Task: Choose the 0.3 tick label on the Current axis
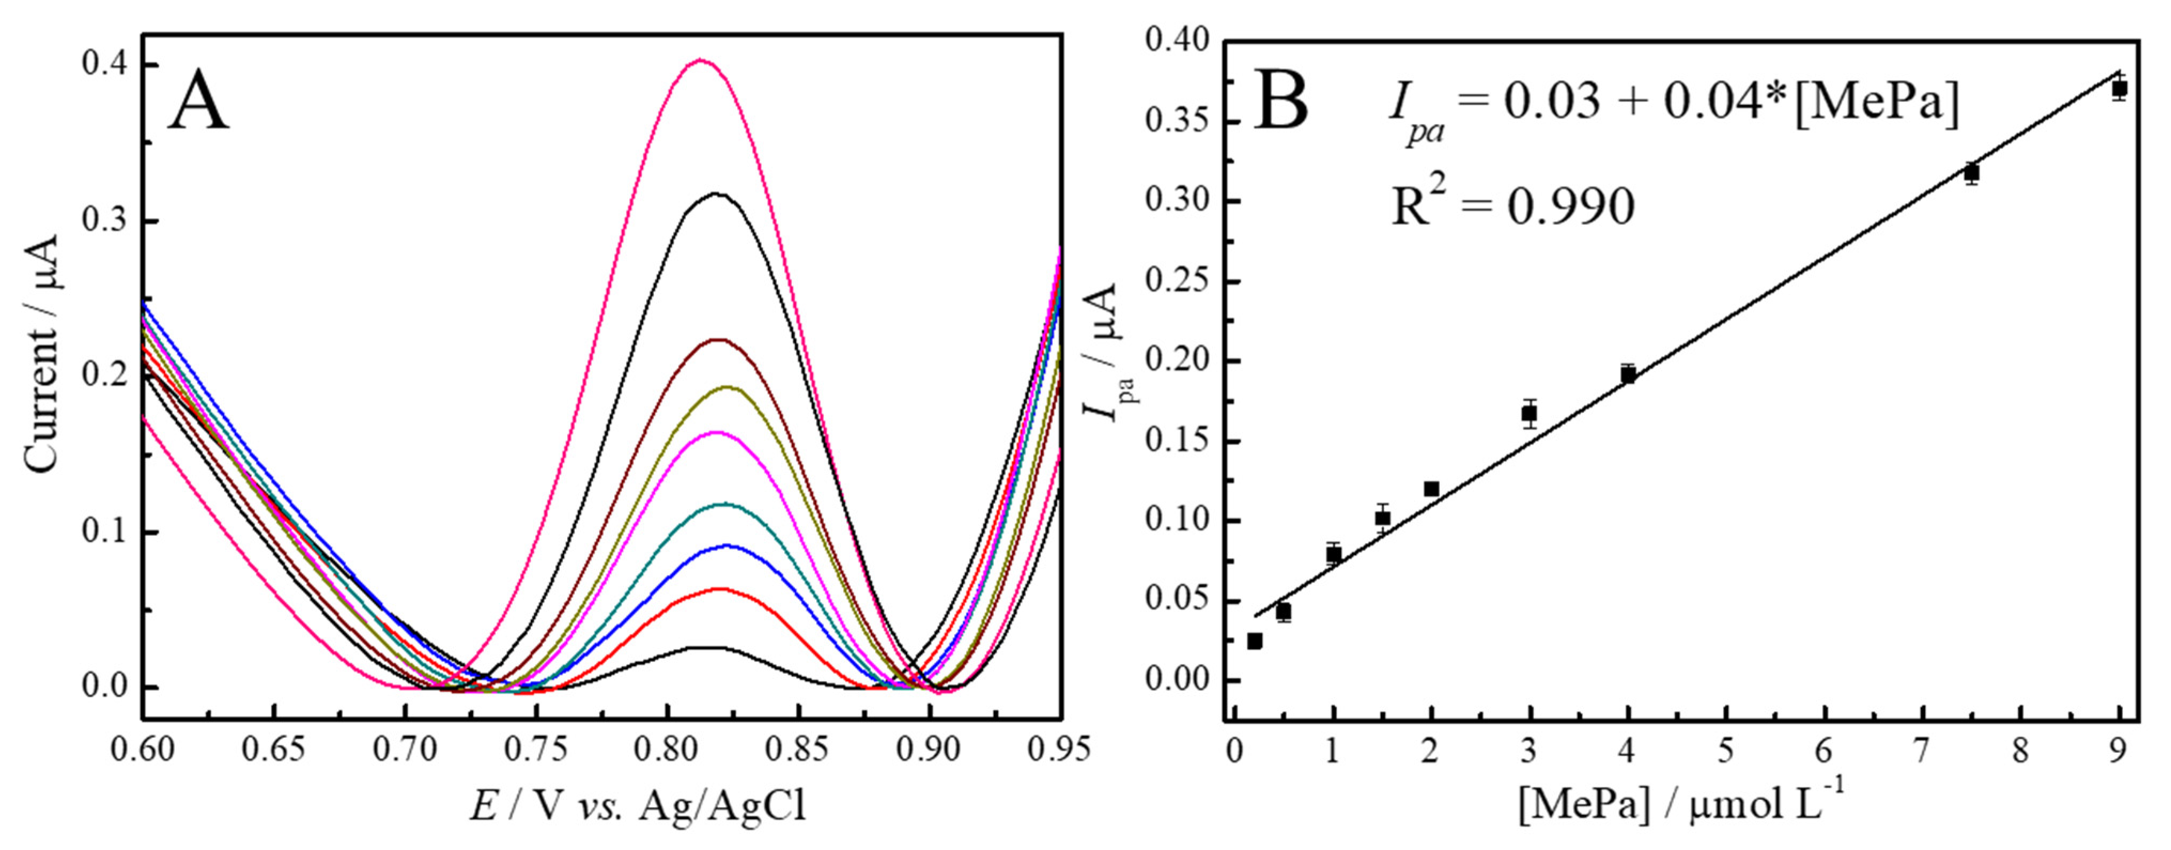click(x=103, y=221)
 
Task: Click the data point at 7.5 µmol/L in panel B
click(x=1971, y=173)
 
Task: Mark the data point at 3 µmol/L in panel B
click(x=1529, y=414)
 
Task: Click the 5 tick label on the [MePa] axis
click(x=1725, y=749)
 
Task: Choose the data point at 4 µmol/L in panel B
click(x=1628, y=374)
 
